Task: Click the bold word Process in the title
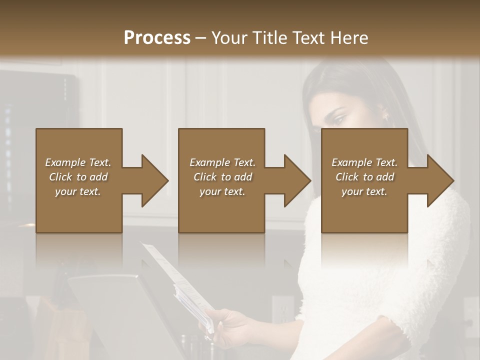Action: pos(157,38)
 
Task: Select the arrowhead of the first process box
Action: pos(152,180)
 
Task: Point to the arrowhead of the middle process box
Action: pos(295,180)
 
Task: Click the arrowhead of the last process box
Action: pos(438,180)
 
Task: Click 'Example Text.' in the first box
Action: pos(78,162)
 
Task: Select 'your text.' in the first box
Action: pos(78,191)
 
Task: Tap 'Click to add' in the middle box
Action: pos(222,177)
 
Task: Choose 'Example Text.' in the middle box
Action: pos(222,162)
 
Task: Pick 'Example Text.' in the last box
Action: pos(364,162)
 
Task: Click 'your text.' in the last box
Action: pos(364,191)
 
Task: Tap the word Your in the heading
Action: pos(229,38)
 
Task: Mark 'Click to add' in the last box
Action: pos(364,177)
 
